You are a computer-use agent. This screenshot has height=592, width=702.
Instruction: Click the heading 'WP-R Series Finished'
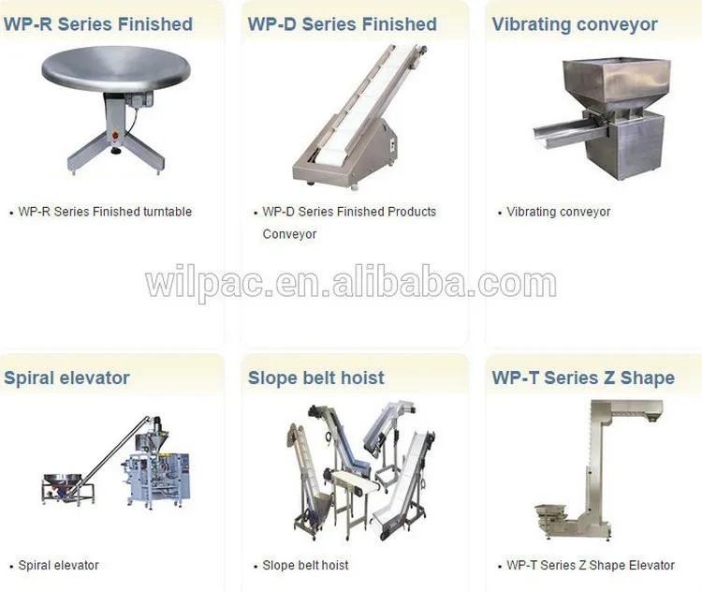[98, 24]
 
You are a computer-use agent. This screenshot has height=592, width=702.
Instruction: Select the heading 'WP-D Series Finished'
[343, 24]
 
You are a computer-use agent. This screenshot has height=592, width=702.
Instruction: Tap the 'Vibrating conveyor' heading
[575, 24]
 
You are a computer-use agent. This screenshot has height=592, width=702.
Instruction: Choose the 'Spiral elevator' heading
[66, 378]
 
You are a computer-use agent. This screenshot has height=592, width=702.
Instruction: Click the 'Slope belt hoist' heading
[316, 378]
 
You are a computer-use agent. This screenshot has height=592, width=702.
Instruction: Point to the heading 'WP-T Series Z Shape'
[583, 378]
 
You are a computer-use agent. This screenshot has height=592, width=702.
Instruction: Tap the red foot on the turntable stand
[116, 146]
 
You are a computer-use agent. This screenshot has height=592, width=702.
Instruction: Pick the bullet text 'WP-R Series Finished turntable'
[105, 212]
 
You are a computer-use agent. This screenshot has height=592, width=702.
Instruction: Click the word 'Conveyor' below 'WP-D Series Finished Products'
[289, 234]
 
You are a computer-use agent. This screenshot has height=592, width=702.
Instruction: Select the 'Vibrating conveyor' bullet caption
[559, 212]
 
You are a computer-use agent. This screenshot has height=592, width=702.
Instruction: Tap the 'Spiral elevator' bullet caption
[58, 566]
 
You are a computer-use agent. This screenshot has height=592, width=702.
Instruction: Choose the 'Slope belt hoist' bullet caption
[305, 566]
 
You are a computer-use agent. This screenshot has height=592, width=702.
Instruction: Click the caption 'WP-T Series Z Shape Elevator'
[591, 566]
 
